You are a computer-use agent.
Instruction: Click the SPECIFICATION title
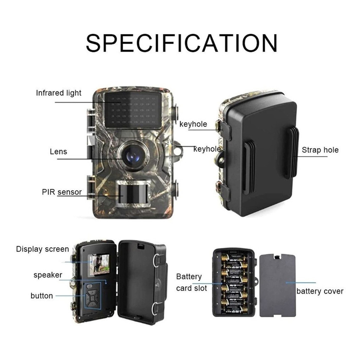point(181,43)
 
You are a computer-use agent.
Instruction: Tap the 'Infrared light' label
point(59,93)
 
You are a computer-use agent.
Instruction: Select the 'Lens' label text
point(59,152)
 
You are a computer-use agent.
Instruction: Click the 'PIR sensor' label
point(62,192)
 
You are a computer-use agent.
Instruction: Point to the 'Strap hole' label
point(320,150)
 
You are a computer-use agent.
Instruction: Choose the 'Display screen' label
point(43,249)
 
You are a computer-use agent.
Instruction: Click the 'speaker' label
point(48,275)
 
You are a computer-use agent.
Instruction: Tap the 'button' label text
point(42,296)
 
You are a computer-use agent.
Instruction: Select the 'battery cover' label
point(320,291)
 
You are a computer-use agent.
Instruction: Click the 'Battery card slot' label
point(192,282)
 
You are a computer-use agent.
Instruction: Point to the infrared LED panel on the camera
point(133,110)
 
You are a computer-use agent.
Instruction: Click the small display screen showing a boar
point(99,265)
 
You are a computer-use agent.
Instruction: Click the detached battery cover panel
point(277,285)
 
